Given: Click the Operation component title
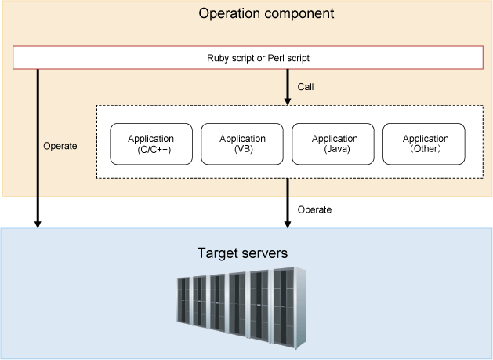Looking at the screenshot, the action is [x=266, y=13].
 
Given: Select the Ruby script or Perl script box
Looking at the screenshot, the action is [x=248, y=57].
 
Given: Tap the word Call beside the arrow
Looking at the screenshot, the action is [x=306, y=87].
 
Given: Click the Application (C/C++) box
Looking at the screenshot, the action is [x=151, y=144].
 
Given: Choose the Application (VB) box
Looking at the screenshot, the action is [x=242, y=144].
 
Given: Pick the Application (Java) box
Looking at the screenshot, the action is [x=333, y=144].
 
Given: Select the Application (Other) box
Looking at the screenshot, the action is [x=424, y=144].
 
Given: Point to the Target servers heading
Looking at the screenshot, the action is [x=242, y=253].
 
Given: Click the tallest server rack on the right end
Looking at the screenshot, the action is [x=289, y=307].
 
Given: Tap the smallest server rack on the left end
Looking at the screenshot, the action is [x=183, y=300].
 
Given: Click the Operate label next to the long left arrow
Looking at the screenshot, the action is [x=60, y=146].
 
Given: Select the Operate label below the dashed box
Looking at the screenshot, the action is [x=314, y=210].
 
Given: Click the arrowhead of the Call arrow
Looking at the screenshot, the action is [x=288, y=101].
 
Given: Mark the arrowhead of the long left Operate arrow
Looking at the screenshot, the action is [x=38, y=224].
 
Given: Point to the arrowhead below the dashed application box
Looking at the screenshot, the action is [x=288, y=224].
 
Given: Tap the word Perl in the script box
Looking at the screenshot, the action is [x=276, y=58].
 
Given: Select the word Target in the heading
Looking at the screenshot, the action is [x=217, y=253].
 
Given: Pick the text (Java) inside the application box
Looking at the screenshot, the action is [x=337, y=149].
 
